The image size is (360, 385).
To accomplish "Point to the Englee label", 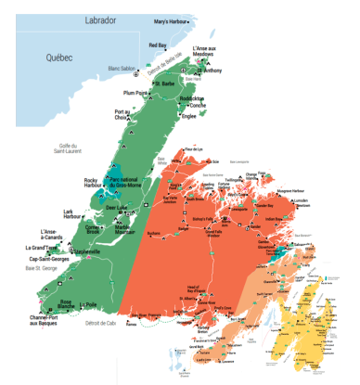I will [189, 118].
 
